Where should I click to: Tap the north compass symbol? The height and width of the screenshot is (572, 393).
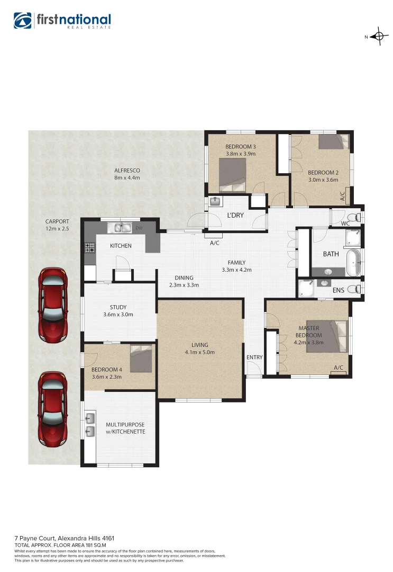(x=378, y=37)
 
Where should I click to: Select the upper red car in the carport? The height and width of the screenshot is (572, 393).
(x=53, y=305)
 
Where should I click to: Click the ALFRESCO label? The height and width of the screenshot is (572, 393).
(x=126, y=171)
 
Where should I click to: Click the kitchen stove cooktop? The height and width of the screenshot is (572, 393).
(x=89, y=247)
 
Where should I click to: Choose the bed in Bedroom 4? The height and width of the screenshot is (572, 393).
(x=141, y=359)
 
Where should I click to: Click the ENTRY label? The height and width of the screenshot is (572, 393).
(x=254, y=358)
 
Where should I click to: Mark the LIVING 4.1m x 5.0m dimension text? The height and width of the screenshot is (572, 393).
(x=200, y=352)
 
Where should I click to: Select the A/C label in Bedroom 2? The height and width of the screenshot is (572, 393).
(x=343, y=196)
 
